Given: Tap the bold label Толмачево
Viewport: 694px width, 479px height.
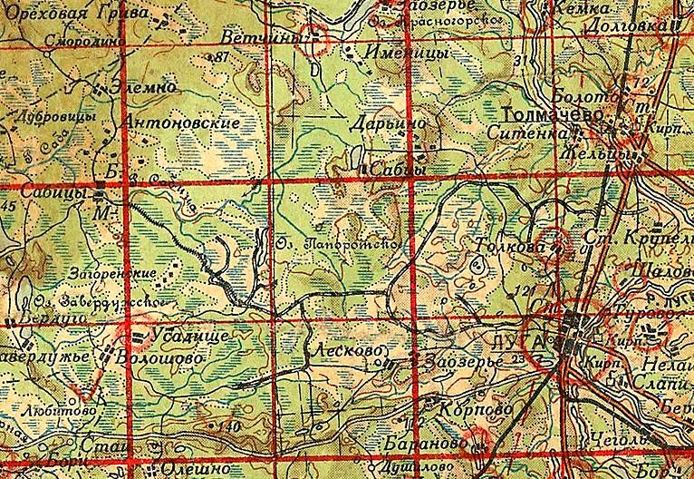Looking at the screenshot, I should (x=540, y=114).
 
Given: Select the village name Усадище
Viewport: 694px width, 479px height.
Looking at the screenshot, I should (x=185, y=337).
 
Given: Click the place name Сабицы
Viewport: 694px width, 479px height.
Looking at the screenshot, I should (x=61, y=194).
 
